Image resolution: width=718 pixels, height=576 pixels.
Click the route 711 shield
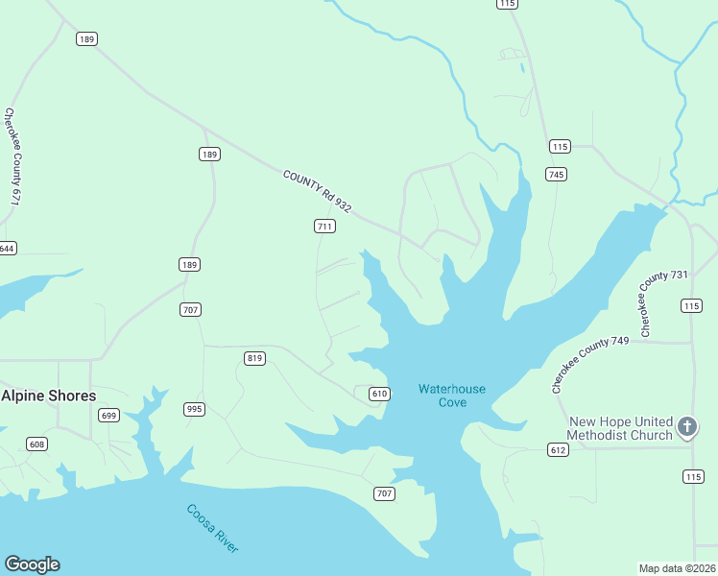tap(324, 227)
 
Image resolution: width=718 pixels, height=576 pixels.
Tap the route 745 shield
tap(556, 174)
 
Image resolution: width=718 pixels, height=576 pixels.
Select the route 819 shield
tap(254, 358)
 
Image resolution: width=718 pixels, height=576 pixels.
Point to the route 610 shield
tap(379, 394)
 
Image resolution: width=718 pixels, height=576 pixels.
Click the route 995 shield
tap(195, 409)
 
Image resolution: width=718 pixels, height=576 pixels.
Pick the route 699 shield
tap(108, 415)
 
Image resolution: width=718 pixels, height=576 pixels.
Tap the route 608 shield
tap(36, 444)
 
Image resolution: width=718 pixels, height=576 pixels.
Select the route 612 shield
tap(558, 449)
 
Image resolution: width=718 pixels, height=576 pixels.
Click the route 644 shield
tap(6, 248)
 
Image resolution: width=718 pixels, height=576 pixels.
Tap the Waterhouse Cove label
tap(451, 396)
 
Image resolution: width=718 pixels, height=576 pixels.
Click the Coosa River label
tap(212, 528)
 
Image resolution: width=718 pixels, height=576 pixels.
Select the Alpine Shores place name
tap(48, 396)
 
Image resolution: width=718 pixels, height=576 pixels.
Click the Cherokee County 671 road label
tap(12, 156)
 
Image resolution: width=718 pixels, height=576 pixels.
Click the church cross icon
tap(686, 425)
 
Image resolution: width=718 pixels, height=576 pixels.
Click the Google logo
tap(32, 564)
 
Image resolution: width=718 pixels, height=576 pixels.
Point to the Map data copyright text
tap(677, 568)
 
